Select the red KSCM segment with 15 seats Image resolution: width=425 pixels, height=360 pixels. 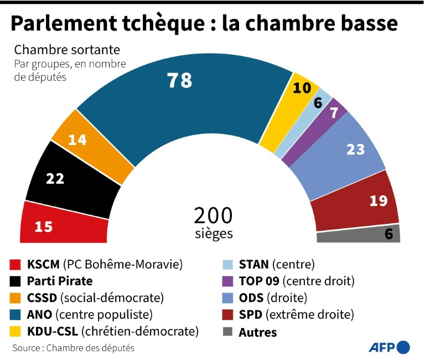pyautogui.click(x=61, y=224)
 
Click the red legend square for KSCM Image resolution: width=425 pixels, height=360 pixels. pyautogui.click(x=15, y=263)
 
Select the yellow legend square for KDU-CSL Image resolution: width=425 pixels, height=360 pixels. pyautogui.click(x=15, y=332)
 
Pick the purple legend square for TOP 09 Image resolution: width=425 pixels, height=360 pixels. pyautogui.click(x=226, y=280)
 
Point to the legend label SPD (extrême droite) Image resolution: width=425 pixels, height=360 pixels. pyautogui.click(x=296, y=315)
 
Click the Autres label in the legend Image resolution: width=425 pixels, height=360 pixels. pyautogui.click(x=258, y=332)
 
